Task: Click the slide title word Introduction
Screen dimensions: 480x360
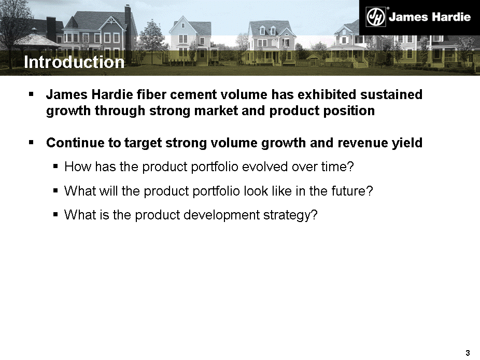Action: point(74,62)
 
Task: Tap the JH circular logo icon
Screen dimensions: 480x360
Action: point(376,17)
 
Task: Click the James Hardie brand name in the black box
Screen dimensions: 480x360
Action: point(430,17)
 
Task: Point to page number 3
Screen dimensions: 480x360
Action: point(468,353)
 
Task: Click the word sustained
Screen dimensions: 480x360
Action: point(391,94)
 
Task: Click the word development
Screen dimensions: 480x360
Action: point(222,215)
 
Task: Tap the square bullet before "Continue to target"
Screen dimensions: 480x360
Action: point(31,142)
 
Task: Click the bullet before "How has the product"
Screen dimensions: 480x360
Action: point(55,167)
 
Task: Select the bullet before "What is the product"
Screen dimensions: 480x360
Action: point(55,214)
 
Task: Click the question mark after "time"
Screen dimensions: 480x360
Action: point(350,167)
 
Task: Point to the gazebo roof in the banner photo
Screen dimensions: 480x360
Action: point(36,40)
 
